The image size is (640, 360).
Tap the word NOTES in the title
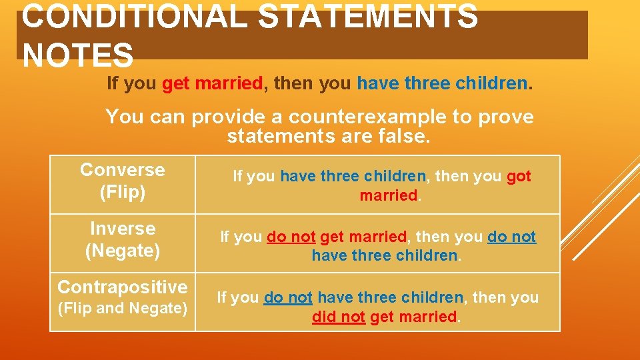77,55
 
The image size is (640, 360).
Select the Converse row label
122,170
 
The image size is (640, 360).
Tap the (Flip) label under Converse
122,193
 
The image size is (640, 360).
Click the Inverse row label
122,229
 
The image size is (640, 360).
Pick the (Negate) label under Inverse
122,251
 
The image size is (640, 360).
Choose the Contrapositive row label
122,287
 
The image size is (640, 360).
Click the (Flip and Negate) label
122,309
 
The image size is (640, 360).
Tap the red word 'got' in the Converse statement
519,177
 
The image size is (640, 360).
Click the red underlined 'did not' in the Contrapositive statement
338,317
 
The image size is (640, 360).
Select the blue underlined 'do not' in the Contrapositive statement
288,297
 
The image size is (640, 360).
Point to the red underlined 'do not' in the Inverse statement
291,237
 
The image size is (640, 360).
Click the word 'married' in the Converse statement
387,196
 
